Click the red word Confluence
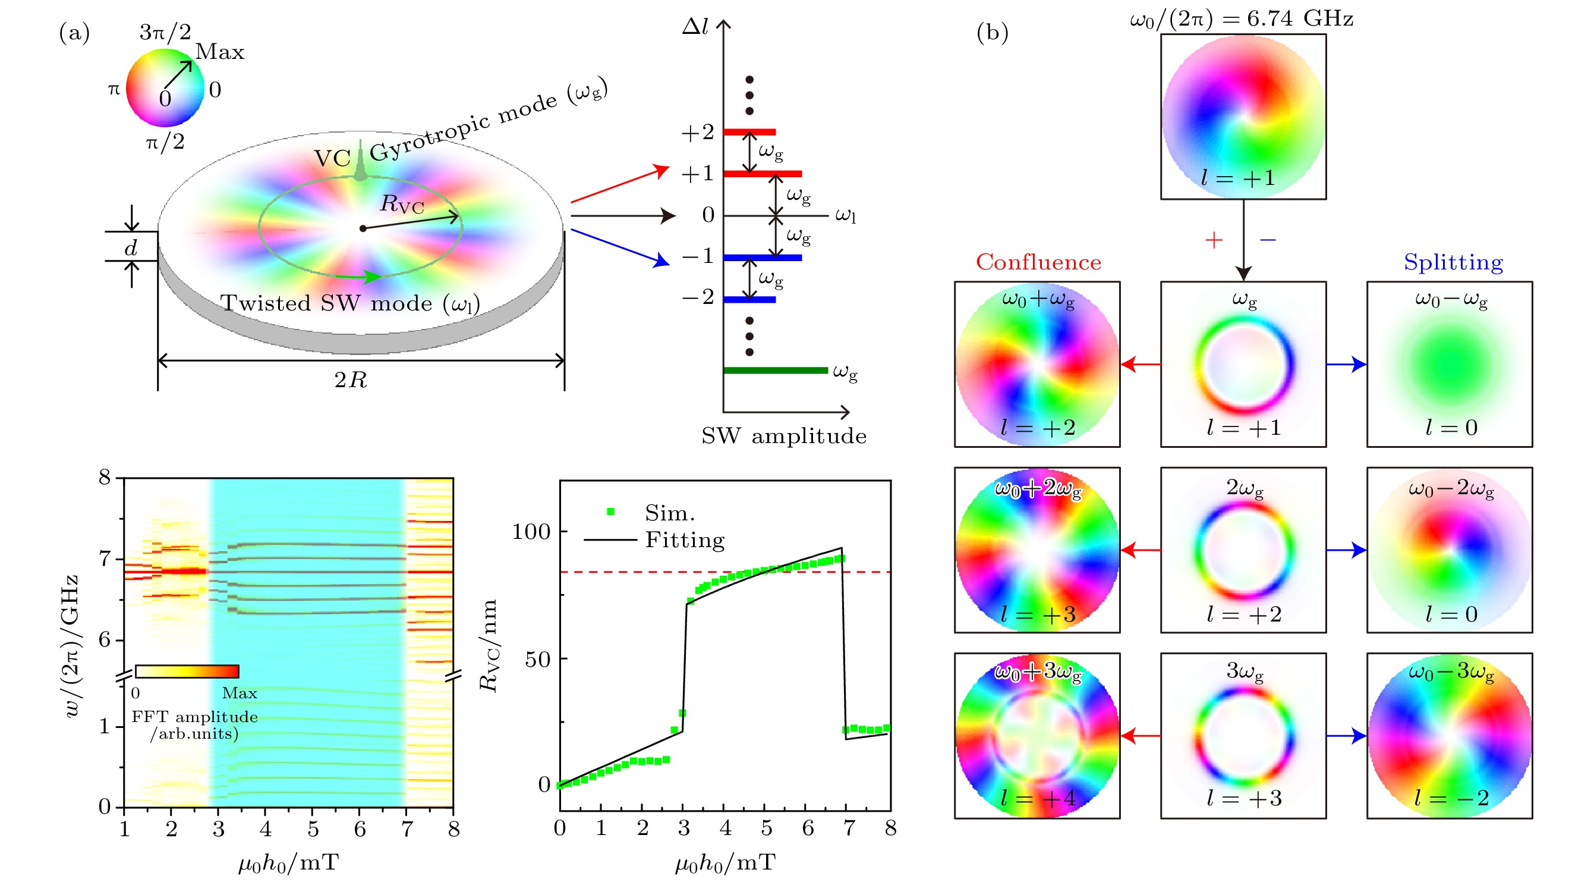pos(1038,262)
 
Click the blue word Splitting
pos(1453,262)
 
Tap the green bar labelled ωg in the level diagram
pos(775,370)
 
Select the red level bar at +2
pos(749,131)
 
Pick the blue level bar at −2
pos(749,300)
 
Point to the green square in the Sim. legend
pos(610,511)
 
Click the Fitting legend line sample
pos(610,539)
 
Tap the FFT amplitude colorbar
pos(187,671)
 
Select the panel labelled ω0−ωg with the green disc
pos(1449,364)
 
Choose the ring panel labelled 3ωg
pos(1243,736)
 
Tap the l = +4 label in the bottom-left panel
pos(1038,798)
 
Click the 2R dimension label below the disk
pos(351,379)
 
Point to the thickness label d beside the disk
pos(131,248)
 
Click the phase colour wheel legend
pos(165,88)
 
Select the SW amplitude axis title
pos(784,436)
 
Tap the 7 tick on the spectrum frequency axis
pos(105,559)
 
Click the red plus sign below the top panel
pos(1214,240)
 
